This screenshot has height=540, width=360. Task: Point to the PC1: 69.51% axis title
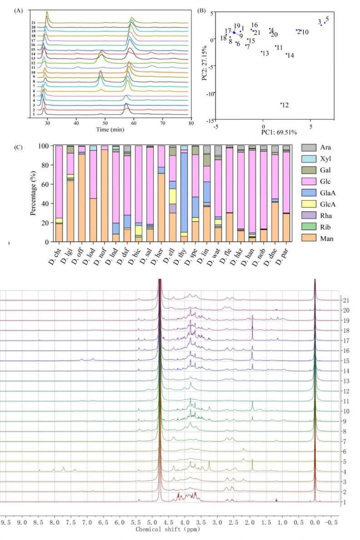[x=279, y=132]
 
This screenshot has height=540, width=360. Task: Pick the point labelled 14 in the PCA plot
[x=286, y=54]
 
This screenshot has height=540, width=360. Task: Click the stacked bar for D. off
[x=82, y=196]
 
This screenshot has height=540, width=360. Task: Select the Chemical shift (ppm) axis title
[x=168, y=530]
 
